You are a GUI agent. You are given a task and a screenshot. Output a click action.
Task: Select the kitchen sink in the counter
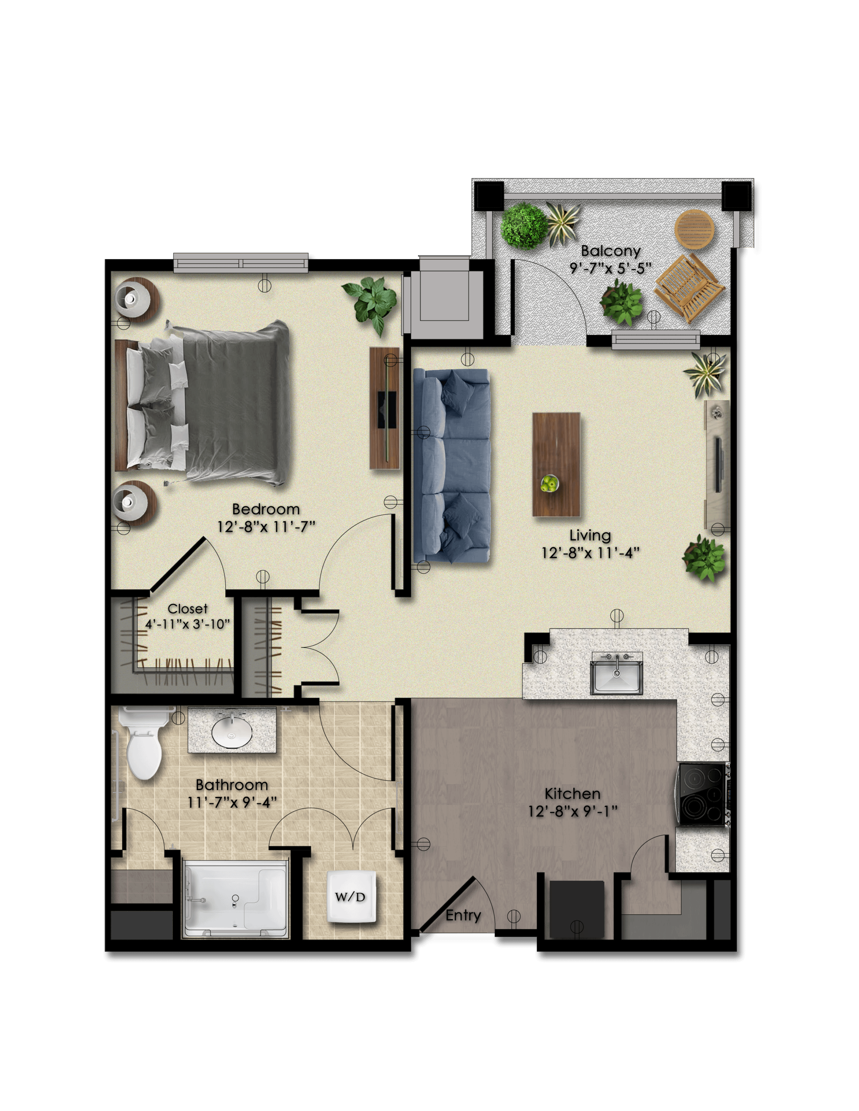[x=616, y=674]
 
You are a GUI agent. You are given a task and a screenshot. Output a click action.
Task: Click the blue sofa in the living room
[x=451, y=466]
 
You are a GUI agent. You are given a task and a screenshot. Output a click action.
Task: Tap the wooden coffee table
[x=556, y=464]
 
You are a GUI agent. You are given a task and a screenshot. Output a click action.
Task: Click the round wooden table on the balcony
[x=694, y=230]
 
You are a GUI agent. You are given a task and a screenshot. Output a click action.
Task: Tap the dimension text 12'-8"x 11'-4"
[x=590, y=553]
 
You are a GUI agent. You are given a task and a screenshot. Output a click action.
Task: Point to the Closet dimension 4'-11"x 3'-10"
[x=188, y=624]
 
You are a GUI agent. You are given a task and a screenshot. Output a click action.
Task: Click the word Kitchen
[x=573, y=794]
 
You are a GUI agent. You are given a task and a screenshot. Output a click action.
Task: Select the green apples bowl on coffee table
[x=550, y=483]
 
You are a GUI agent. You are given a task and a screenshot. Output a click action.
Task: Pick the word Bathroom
[x=232, y=785]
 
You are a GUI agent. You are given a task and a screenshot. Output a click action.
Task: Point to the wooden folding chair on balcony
[x=689, y=288]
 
